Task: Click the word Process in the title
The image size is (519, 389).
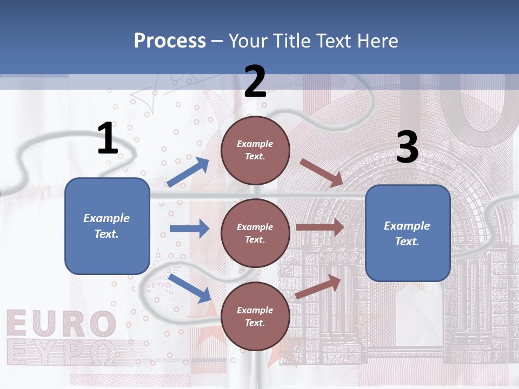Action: (x=170, y=41)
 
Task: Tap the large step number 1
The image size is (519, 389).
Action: (x=107, y=138)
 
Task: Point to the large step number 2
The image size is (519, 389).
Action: (x=255, y=81)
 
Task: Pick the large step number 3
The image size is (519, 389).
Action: (x=407, y=147)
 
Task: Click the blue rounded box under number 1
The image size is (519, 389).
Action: (x=107, y=226)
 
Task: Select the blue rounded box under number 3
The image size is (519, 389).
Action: (x=408, y=233)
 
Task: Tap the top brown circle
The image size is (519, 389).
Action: (x=255, y=150)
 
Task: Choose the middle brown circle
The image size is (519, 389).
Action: (x=255, y=233)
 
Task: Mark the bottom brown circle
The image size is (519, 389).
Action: (x=255, y=316)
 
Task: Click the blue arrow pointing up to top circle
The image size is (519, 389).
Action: (x=188, y=172)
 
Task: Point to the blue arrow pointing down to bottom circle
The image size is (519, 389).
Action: (x=190, y=288)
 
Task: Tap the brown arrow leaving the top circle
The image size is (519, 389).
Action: (x=322, y=173)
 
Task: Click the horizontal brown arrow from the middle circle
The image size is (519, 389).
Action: (x=320, y=227)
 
